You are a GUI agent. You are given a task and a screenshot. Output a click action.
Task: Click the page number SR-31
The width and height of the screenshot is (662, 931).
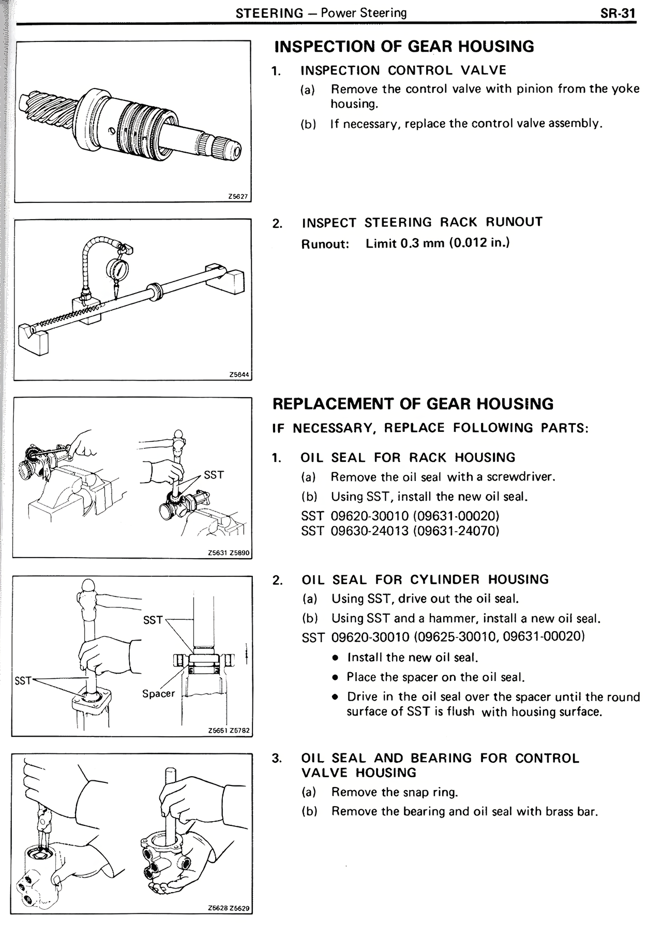point(618,13)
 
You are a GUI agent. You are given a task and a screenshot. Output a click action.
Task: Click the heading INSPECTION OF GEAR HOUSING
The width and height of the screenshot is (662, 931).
point(404,47)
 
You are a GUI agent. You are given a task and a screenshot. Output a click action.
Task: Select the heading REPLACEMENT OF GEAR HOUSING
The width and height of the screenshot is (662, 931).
point(413,404)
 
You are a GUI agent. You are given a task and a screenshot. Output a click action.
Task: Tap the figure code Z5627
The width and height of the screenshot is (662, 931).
point(237,197)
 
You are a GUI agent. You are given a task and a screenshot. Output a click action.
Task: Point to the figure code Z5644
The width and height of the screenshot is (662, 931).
point(238,375)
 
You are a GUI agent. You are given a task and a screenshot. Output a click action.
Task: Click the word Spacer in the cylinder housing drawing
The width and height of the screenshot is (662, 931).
point(158,693)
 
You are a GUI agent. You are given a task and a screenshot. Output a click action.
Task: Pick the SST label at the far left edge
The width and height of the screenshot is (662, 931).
point(23,680)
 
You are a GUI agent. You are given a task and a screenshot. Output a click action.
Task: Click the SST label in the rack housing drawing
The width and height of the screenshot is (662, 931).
point(214,475)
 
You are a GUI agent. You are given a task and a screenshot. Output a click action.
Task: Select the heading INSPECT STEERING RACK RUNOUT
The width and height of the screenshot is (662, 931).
point(422,223)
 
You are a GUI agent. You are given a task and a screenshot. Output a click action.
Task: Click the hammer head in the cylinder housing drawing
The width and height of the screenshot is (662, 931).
point(87,588)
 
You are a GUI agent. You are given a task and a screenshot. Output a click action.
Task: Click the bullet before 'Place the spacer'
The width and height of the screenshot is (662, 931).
point(336,677)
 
